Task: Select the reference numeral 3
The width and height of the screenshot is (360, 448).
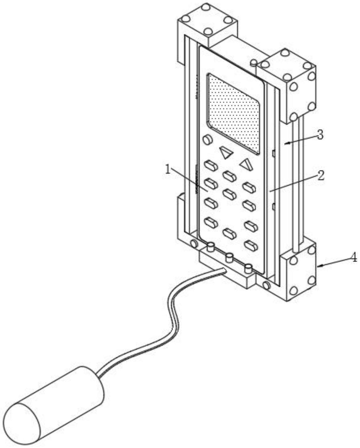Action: (320, 135)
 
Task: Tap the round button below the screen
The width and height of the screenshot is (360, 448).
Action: (208, 140)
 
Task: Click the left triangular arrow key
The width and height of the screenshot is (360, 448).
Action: (226, 152)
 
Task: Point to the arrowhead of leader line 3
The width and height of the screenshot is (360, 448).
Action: (285, 142)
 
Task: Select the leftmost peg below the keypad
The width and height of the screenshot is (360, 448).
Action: (211, 247)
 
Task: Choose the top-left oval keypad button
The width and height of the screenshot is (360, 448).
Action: (211, 165)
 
